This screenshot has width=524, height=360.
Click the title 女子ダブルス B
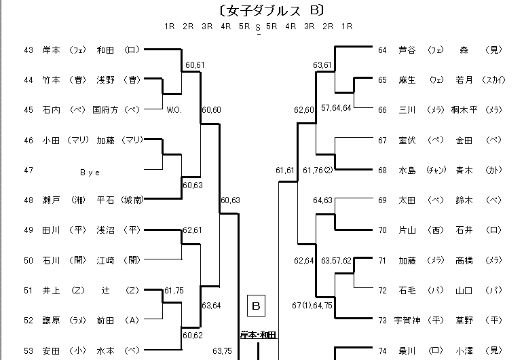[x=261, y=10]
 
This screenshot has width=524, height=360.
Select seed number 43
[x=29, y=50]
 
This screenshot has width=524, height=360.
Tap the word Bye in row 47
[x=90, y=173]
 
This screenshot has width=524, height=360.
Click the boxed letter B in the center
[x=257, y=306]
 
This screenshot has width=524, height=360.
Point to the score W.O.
[x=174, y=109]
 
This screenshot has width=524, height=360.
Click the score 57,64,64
[x=337, y=108]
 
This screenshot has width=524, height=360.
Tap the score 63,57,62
[x=337, y=260]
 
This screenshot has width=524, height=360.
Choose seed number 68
[x=382, y=170]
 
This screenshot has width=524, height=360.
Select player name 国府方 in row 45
[x=106, y=109]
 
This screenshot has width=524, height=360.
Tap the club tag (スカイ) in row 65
[x=493, y=80]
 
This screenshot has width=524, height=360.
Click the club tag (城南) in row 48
[x=132, y=200]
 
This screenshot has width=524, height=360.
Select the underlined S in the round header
[x=258, y=28]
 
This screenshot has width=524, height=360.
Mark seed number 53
[x=29, y=351]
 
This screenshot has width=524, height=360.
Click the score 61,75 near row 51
[x=174, y=290]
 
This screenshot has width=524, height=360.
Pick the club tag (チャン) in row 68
[x=435, y=170]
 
